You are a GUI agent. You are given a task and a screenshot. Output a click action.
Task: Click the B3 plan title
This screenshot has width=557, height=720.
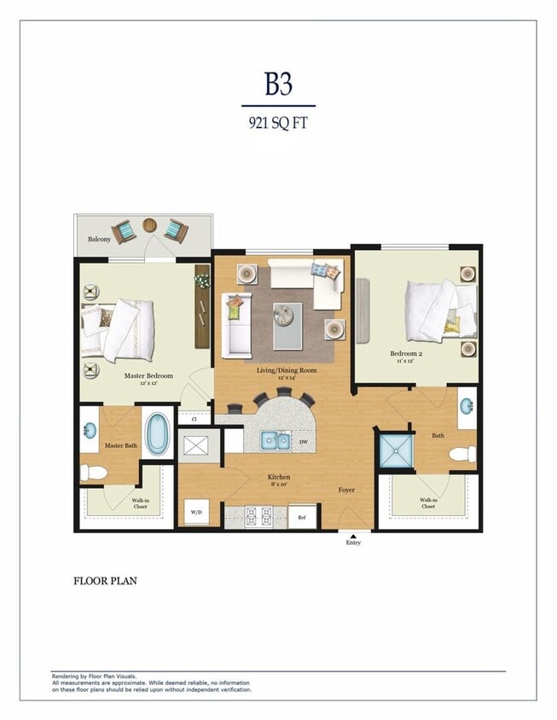tap(278, 84)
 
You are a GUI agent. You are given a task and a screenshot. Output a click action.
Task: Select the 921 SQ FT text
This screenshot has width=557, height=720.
tap(278, 122)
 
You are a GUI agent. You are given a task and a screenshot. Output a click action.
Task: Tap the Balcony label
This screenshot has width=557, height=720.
tap(99, 240)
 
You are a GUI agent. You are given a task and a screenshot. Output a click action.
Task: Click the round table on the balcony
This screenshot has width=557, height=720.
tap(150, 226)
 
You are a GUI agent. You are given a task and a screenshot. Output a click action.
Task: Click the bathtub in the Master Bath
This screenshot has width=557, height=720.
tap(157, 434)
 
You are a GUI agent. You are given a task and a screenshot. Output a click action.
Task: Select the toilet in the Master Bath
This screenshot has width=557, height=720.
tap(94, 472)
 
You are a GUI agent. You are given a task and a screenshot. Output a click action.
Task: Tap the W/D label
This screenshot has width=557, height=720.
tap(195, 513)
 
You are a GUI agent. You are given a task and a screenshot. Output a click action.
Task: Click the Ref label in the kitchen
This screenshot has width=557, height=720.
tap(301, 517)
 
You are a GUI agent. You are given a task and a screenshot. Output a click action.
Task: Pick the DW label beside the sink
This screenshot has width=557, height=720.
tap(305, 442)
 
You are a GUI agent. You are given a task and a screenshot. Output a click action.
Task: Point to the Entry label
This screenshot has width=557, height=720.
tap(352, 543)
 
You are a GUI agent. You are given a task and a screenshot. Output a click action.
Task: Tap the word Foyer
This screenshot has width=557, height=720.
tap(346, 490)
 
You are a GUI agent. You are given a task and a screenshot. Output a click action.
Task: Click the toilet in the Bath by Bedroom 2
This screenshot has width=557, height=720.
tap(464, 454)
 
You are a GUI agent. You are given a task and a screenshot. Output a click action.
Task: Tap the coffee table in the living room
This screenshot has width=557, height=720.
tap(287, 326)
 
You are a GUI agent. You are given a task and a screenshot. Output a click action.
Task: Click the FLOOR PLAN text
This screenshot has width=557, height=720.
tap(105, 581)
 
